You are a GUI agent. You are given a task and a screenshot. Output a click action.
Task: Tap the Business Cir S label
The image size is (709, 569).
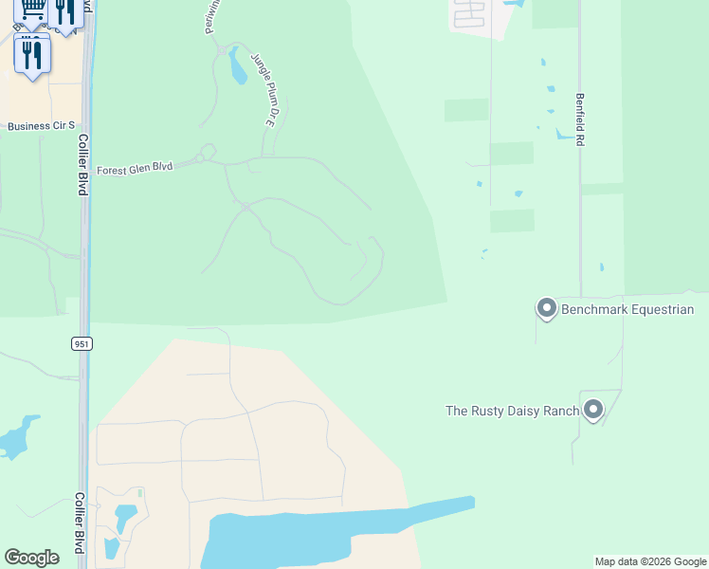pyautogui.click(x=41, y=126)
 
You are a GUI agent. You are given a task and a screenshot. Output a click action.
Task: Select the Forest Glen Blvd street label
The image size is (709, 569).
pyautogui.click(x=135, y=167)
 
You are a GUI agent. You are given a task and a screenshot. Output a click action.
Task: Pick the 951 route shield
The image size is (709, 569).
pyautogui.click(x=82, y=343)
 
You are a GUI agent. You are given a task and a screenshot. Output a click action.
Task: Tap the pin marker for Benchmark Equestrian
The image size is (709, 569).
pyautogui.click(x=546, y=308)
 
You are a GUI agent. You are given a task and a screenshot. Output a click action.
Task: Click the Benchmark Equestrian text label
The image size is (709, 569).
pyautogui.click(x=627, y=309)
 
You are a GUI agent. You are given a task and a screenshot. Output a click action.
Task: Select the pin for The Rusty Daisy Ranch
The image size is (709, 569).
pyautogui.click(x=593, y=409)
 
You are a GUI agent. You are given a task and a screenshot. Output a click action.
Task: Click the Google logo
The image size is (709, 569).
pyautogui.click(x=31, y=558)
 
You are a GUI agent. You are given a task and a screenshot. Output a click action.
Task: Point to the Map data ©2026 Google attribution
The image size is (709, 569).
pyautogui.click(x=650, y=561)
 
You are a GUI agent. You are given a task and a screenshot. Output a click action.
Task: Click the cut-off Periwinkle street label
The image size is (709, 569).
pyautogui.click(x=212, y=17)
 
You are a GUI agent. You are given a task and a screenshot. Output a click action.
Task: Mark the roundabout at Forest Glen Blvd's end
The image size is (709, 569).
pyautogui.click(x=207, y=152)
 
